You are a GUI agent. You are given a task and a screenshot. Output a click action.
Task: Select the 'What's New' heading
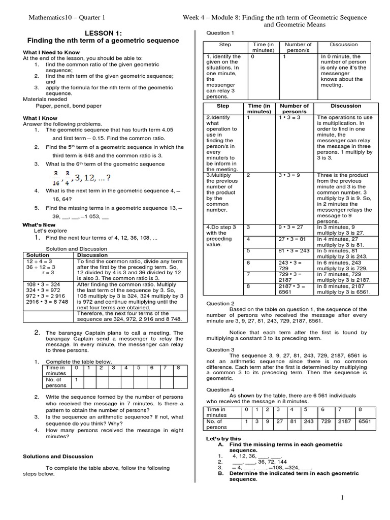[39, 224]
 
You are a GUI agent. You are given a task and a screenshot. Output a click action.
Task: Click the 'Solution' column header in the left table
[38, 255]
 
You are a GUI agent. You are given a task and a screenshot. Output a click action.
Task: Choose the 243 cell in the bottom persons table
[308, 421]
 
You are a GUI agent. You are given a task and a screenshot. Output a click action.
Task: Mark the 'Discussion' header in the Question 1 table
[344, 45]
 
